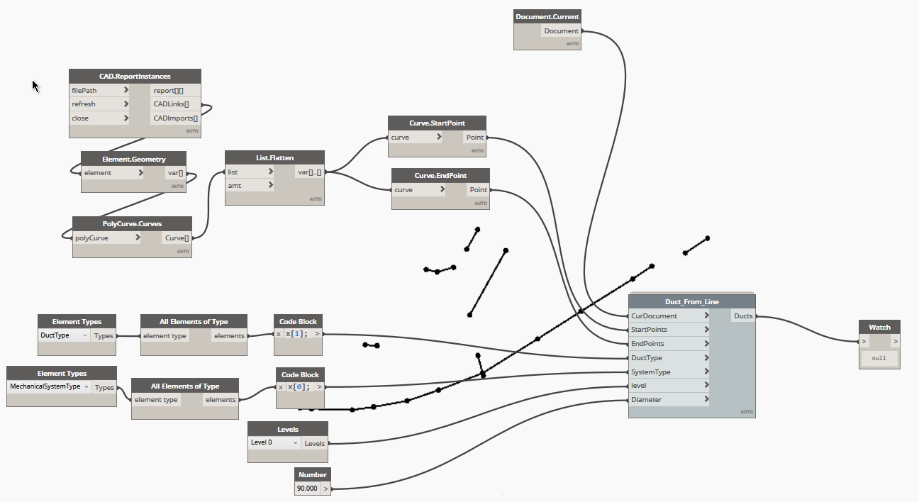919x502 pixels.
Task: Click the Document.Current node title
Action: (547, 16)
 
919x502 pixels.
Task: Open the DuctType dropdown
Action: (64, 335)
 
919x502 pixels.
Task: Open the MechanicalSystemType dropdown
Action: (50, 387)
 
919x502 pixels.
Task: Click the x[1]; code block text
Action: (297, 334)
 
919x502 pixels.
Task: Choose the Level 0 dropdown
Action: (274, 442)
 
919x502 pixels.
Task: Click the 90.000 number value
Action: (308, 489)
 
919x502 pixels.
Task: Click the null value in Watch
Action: (879, 359)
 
